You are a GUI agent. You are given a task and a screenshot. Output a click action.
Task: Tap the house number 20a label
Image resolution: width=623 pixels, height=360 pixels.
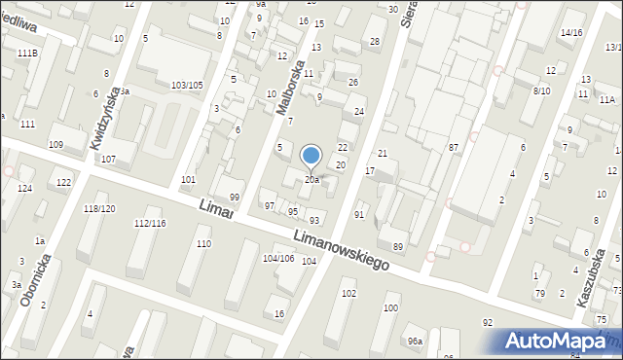point(311,180)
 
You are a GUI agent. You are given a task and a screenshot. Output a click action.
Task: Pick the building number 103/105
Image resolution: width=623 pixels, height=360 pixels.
point(187,86)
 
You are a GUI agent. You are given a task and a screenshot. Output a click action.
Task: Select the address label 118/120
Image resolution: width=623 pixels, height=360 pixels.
point(99,209)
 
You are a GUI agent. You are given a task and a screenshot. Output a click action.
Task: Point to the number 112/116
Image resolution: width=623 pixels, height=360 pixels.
point(150,224)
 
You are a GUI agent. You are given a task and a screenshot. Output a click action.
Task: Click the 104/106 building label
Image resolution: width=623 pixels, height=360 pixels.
point(278,258)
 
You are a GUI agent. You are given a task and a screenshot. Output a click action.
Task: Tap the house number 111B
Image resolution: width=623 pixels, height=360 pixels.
point(27,53)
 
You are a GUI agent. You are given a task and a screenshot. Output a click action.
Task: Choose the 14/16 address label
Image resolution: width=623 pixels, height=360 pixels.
point(570,33)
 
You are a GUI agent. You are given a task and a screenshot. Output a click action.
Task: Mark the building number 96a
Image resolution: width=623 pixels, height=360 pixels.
point(415,341)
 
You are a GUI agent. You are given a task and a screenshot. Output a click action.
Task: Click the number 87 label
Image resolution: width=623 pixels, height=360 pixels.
point(454,147)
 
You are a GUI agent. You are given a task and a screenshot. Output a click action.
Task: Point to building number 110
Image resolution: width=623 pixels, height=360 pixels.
point(203,244)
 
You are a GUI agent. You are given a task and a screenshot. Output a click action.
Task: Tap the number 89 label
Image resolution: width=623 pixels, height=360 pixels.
point(397,247)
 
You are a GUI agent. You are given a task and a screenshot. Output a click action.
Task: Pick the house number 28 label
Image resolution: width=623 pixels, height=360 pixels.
point(375,42)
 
